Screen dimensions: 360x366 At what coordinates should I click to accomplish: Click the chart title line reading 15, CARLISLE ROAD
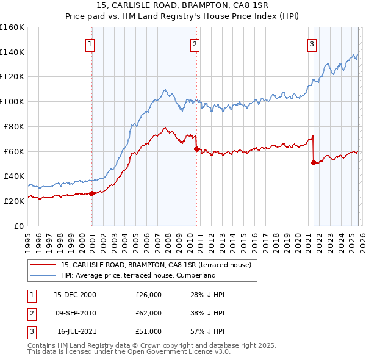coord(182,5)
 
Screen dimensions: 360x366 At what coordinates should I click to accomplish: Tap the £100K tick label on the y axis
coord(12,101)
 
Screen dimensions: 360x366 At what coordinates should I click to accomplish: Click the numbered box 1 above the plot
coord(90,43)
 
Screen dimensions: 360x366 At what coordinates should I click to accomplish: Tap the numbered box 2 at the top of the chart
coord(195,43)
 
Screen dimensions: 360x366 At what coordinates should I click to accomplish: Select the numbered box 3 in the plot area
coord(312,43)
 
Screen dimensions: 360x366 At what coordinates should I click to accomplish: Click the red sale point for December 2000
coord(91,193)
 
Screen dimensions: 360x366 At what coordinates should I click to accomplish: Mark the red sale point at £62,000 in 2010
coord(196,149)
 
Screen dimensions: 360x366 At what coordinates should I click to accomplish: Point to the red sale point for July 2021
coord(314,162)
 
